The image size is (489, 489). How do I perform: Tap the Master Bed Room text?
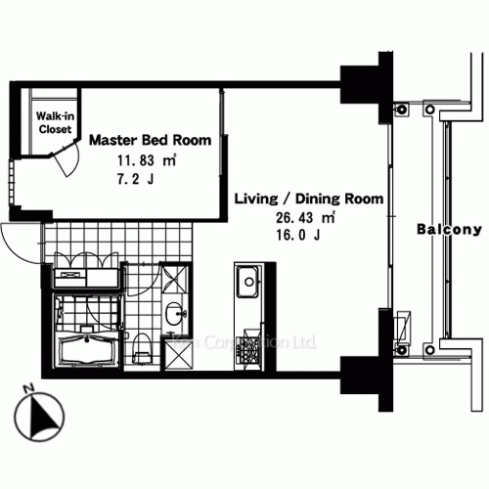coord(150,141)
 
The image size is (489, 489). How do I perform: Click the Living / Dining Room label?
coord(308,200)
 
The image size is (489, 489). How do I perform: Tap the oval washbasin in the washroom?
coord(175,314)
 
